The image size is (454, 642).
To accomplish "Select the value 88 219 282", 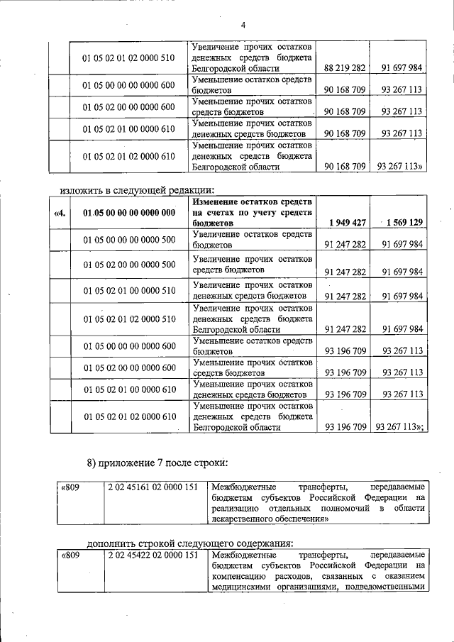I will (344, 68).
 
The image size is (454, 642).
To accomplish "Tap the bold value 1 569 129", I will (402, 222).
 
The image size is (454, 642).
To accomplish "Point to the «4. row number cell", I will (60, 212).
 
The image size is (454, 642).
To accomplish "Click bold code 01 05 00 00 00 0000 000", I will (129, 212).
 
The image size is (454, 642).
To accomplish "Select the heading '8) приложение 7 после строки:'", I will (157, 463).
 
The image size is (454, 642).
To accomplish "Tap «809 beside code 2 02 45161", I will (71, 487).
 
